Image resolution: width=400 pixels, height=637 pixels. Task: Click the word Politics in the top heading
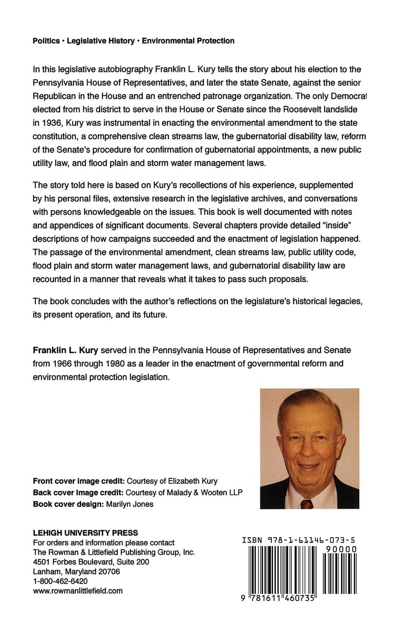point(46,41)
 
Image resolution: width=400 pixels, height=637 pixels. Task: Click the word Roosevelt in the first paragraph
point(293,110)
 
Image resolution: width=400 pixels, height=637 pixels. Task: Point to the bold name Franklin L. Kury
point(65,350)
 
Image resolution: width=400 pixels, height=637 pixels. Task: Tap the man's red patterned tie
point(306,504)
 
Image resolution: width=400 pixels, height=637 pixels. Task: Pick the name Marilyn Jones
point(130,504)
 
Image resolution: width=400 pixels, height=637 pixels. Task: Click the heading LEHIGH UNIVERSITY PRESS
point(85,533)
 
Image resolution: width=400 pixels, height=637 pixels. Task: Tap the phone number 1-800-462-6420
point(60,581)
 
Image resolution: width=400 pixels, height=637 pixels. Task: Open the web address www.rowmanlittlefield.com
point(78,591)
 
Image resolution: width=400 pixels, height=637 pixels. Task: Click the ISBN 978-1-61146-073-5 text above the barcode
point(298,540)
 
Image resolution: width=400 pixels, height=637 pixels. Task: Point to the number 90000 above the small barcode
point(341,549)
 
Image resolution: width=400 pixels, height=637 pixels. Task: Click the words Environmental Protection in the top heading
point(188,41)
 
